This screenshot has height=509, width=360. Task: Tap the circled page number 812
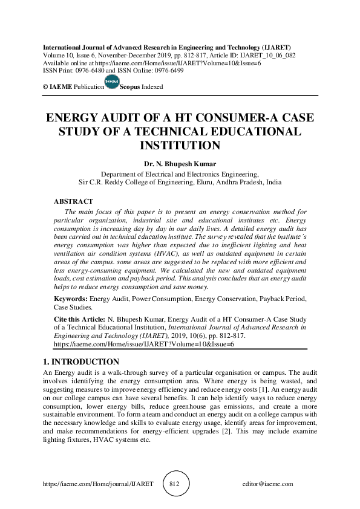tap(175, 484)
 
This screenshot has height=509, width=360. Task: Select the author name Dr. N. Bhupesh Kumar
tap(179, 164)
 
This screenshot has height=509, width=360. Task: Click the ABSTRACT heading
tap(73, 201)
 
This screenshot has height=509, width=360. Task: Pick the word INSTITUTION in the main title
tap(180, 146)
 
